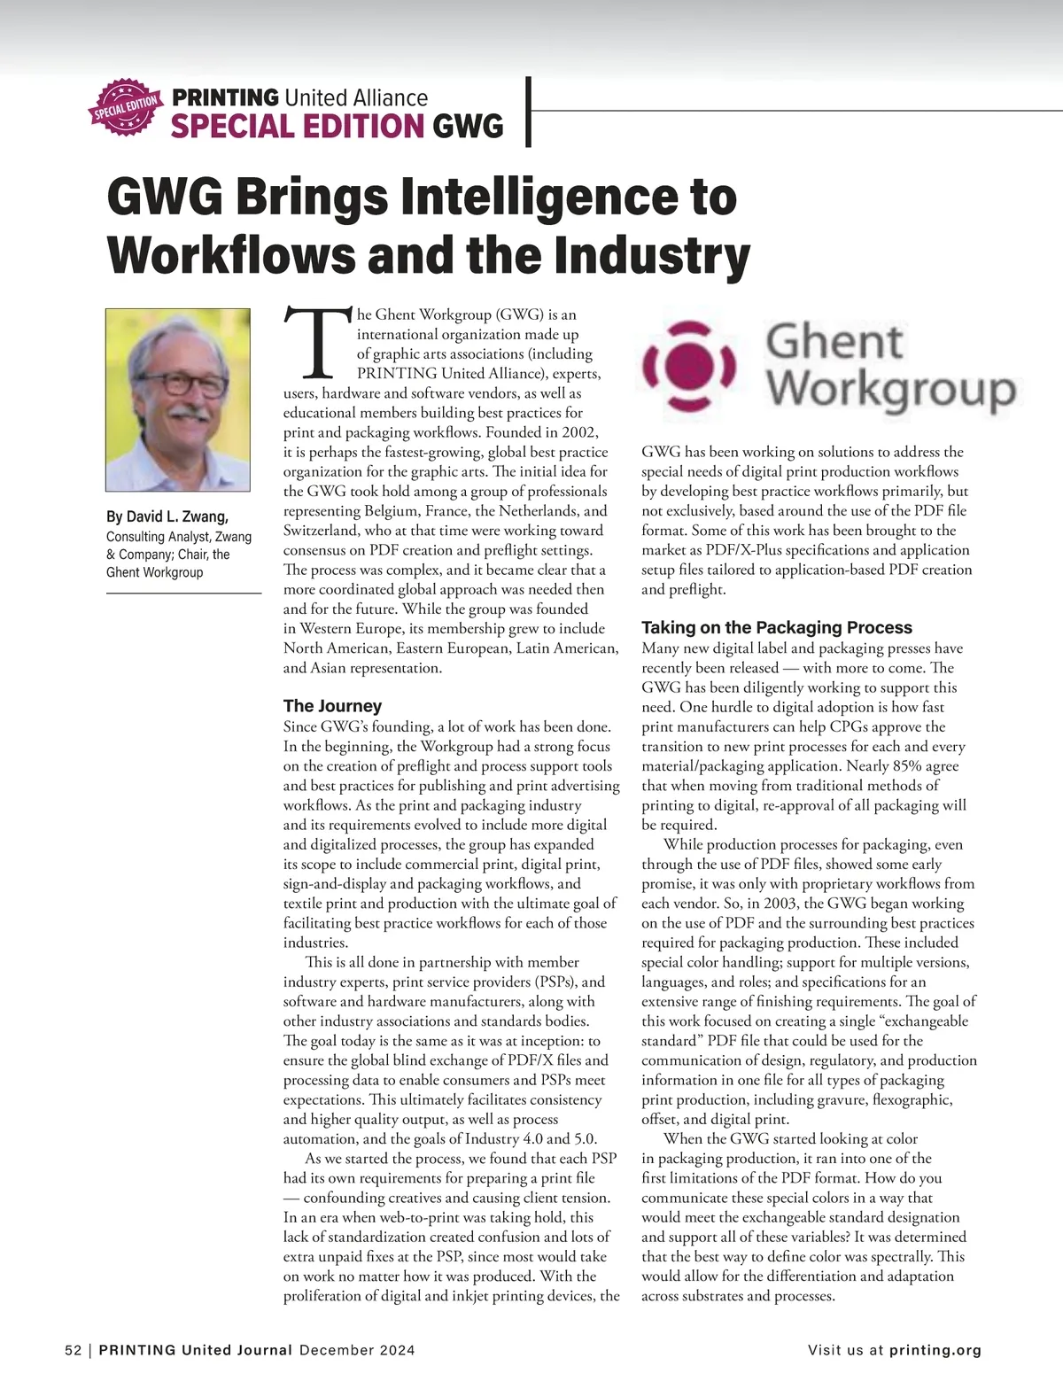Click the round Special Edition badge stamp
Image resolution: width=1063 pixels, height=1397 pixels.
pyautogui.click(x=126, y=109)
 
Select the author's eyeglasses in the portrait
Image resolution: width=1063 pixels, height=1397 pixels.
pyautogui.click(x=182, y=384)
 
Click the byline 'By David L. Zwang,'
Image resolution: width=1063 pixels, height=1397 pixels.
pyautogui.click(x=167, y=516)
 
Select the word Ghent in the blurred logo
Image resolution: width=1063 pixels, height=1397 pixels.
pyautogui.click(x=833, y=342)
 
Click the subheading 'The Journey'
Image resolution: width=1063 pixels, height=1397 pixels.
pyautogui.click(x=332, y=706)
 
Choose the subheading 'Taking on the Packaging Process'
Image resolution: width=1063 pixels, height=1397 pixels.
pyautogui.click(x=776, y=628)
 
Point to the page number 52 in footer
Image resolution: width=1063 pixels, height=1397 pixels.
pyautogui.click(x=73, y=1351)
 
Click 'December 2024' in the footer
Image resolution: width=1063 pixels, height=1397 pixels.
pyautogui.click(x=357, y=1351)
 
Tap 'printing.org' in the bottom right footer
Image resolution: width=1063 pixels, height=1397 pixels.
pyautogui.click(x=935, y=1351)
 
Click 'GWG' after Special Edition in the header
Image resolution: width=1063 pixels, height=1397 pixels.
pyautogui.click(x=468, y=127)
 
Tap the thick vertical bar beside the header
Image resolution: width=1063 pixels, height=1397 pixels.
pyautogui.click(x=529, y=112)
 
